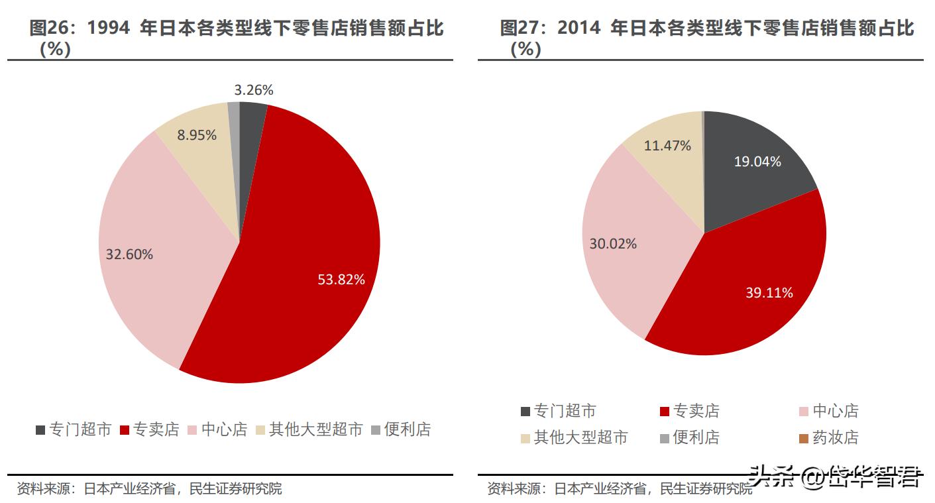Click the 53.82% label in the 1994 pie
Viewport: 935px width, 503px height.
click(x=341, y=280)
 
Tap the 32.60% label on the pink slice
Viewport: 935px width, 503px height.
click(x=129, y=254)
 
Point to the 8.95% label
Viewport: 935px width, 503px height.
click(x=197, y=135)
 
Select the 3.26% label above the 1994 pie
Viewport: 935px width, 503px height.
click(x=254, y=89)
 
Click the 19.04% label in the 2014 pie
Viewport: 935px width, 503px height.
click(x=757, y=161)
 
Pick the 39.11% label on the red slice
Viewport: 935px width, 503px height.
click(x=769, y=292)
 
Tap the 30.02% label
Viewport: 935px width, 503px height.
click(x=613, y=244)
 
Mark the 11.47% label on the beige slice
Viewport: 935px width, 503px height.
click(x=667, y=145)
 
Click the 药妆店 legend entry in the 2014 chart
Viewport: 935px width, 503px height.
click(x=828, y=437)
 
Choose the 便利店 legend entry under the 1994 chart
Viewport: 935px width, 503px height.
click(x=401, y=429)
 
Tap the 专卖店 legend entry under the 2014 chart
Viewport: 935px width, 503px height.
click(x=689, y=411)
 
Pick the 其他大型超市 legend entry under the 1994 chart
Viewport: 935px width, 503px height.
click(x=309, y=429)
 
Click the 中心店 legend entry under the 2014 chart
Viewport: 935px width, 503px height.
click(x=828, y=411)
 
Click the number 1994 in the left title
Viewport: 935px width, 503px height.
click(x=110, y=28)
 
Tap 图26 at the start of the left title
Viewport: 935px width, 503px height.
click(x=46, y=28)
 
